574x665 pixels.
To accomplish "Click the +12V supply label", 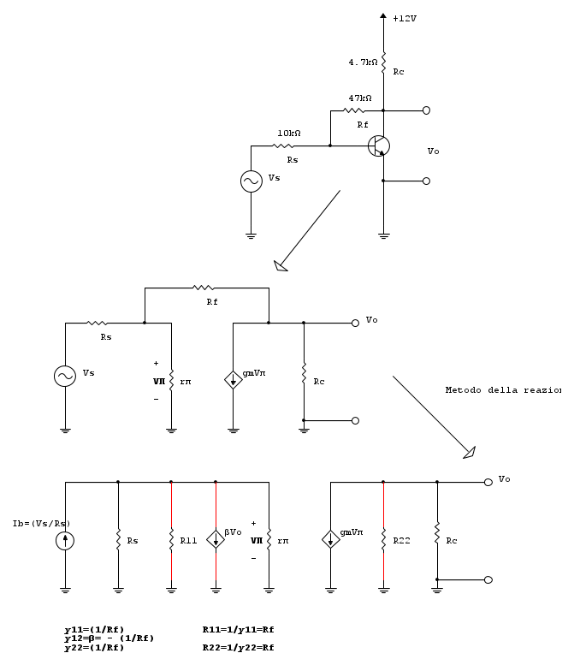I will point(405,18).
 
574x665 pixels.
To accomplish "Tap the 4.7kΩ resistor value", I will point(363,62).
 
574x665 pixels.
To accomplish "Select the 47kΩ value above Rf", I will point(359,98).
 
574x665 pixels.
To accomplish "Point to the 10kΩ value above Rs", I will point(288,134).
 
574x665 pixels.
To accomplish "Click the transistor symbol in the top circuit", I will point(379,145).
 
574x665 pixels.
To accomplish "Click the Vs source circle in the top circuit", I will point(251,181).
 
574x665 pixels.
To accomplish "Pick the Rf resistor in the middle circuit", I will point(204,288).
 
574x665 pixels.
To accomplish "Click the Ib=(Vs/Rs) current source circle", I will point(65,541).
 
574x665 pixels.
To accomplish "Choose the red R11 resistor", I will point(171,541).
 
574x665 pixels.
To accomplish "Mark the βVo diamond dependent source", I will point(216,539).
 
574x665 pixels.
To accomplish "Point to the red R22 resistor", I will point(383,540).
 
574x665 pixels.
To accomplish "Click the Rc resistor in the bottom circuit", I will point(437,540).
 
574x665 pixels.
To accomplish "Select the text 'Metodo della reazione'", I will point(503,390).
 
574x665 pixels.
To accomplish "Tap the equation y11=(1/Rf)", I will point(94,630).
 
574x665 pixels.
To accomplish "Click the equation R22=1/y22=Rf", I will point(238,648).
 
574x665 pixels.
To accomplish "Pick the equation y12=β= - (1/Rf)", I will point(109,638).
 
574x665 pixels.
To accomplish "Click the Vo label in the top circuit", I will point(433,151).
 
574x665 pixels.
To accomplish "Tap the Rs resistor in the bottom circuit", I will point(118,541).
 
